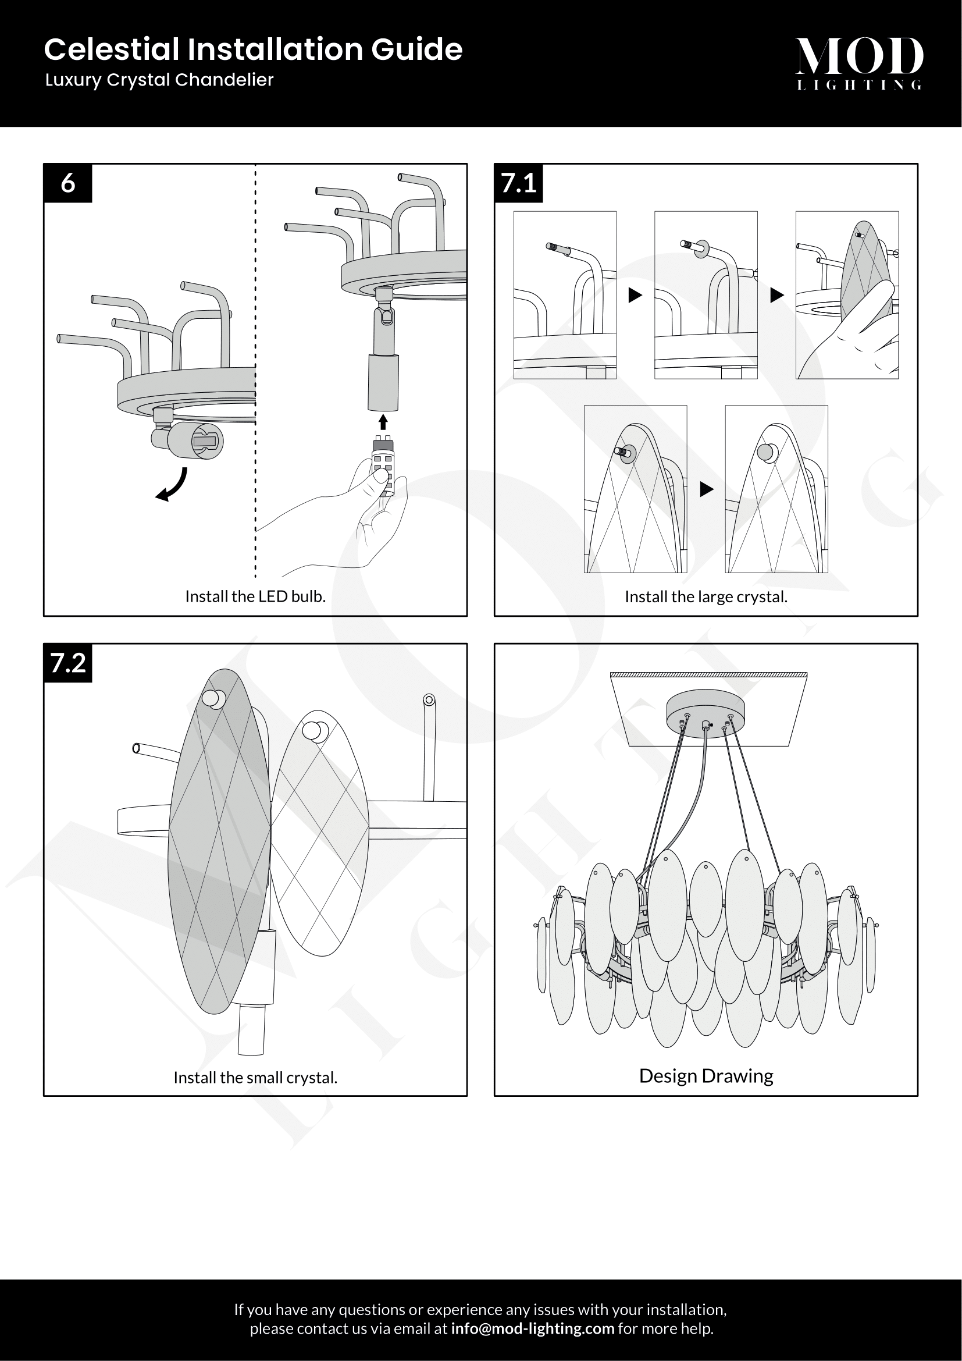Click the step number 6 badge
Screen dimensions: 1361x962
[x=67, y=183]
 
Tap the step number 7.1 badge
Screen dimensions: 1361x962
[x=518, y=183]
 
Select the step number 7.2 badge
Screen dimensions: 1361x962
[x=67, y=663]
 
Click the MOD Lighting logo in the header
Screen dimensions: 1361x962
[x=859, y=63]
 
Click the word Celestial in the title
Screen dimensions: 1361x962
[x=111, y=49]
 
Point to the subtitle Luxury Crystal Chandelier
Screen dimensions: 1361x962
[x=159, y=80]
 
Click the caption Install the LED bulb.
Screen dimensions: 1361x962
[x=255, y=596]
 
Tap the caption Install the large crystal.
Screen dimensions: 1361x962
[x=706, y=596]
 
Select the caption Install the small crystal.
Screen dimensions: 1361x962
[x=255, y=1077]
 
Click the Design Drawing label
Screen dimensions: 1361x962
[x=706, y=1076]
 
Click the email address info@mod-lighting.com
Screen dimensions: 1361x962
[x=533, y=1328]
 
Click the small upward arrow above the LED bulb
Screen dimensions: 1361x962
[x=383, y=421]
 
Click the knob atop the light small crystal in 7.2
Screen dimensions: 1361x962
[x=312, y=730]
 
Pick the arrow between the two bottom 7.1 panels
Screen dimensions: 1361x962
[x=706, y=489]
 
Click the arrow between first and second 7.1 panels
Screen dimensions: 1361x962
[x=635, y=294]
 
